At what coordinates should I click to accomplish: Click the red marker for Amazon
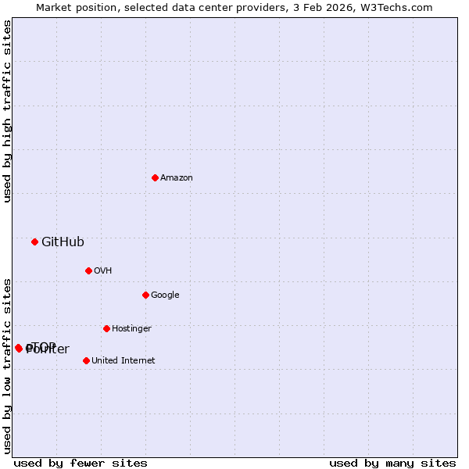point(155,177)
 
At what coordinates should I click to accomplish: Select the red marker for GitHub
point(34,242)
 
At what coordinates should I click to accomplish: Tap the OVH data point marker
point(88,270)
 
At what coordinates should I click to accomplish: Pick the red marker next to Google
point(145,295)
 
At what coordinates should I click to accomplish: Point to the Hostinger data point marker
point(106,328)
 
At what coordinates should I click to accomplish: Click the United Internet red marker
point(86,360)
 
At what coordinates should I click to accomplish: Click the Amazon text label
point(177,178)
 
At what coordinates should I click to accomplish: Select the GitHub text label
point(63,242)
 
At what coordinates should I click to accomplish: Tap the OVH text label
point(103,271)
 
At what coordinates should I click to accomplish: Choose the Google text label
point(165,295)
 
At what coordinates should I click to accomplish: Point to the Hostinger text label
point(131,329)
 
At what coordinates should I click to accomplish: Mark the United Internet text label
point(124,361)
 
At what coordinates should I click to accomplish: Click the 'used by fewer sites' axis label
point(81,464)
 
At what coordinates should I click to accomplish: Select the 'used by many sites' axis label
point(392,464)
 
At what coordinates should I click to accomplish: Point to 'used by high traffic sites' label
point(7,111)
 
